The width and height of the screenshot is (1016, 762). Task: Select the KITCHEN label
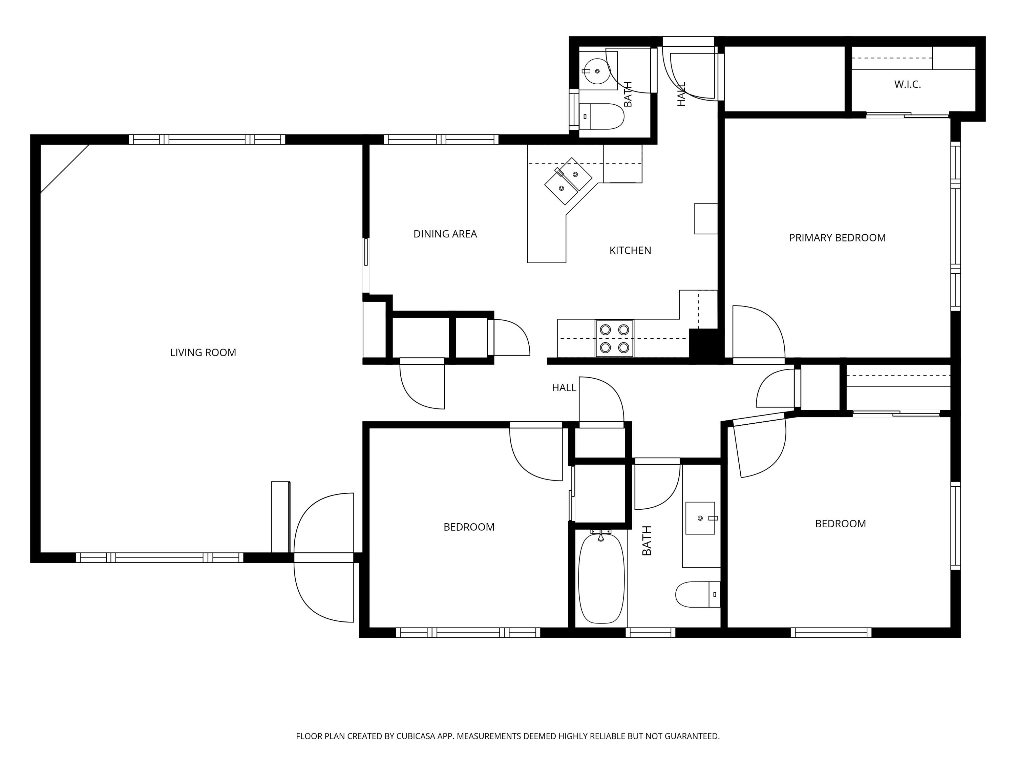[x=630, y=250]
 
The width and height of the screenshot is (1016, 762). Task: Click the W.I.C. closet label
[x=908, y=85]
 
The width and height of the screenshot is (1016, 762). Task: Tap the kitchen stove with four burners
[x=615, y=339]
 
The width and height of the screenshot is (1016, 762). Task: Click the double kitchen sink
[x=568, y=181]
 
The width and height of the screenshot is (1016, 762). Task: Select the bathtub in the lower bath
[x=601, y=578]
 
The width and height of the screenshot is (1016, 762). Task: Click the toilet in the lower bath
[x=698, y=594]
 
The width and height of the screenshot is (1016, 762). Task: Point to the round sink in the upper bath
[x=597, y=71]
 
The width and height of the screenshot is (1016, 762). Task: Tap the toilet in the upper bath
[x=602, y=116]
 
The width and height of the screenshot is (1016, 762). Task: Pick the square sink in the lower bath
[x=700, y=518]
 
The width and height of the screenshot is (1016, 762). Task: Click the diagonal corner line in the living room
[x=65, y=169]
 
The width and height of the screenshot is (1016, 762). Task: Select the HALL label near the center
[x=564, y=388]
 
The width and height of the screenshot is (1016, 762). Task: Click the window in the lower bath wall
[x=650, y=633]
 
